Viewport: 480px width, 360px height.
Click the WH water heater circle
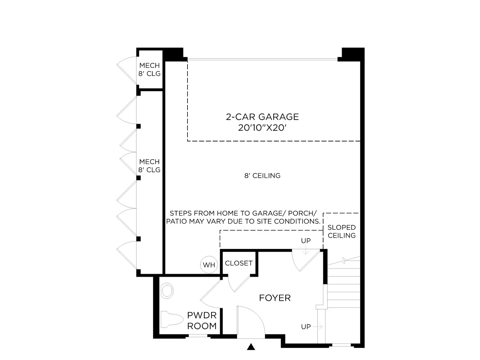click(208, 265)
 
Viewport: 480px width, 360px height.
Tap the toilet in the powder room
click(172, 319)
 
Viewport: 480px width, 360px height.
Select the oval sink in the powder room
click(167, 291)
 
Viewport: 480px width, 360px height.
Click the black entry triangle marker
click(251, 347)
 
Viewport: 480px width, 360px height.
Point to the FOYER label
click(275, 298)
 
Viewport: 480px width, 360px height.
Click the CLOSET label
click(238, 263)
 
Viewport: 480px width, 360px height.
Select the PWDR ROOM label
click(202, 321)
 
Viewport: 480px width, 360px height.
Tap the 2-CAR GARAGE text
click(262, 117)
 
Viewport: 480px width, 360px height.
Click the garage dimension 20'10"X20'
click(262, 128)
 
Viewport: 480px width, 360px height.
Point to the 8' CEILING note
click(262, 175)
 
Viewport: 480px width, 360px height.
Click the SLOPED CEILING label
click(342, 232)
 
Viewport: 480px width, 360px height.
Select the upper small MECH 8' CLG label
click(149, 70)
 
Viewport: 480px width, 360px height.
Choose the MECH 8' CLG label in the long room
click(149, 166)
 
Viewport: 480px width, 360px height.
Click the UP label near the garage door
click(306, 241)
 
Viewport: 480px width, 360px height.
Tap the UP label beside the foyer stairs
click(306, 327)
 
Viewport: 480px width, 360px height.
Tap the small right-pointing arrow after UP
click(317, 327)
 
